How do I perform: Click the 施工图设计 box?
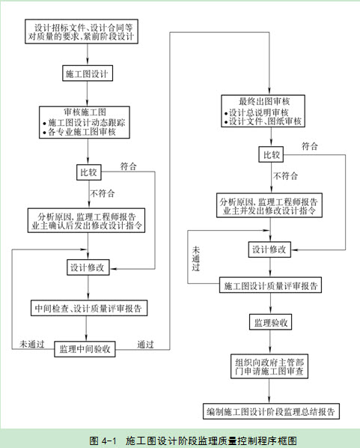(x=88, y=73)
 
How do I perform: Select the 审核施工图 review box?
(x=85, y=122)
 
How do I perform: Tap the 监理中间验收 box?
(x=85, y=349)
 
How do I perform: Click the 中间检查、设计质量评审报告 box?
(x=89, y=308)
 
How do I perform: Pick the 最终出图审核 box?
(x=263, y=111)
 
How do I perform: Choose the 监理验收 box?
(x=270, y=322)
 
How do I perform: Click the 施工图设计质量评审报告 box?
(x=270, y=285)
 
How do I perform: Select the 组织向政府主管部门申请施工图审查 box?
(x=269, y=366)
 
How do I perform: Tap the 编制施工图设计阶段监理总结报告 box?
(x=271, y=411)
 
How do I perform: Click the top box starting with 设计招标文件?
(x=82, y=31)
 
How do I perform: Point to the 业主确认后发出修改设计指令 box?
(x=86, y=220)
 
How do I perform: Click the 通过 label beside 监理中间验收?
(x=146, y=345)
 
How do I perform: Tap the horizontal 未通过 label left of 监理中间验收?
(x=32, y=344)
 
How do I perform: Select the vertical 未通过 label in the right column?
(x=196, y=258)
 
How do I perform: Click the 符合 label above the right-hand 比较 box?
(x=310, y=146)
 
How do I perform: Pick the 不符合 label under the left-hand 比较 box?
(x=103, y=193)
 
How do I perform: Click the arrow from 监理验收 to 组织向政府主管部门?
(x=270, y=342)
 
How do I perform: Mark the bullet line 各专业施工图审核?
(x=79, y=132)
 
